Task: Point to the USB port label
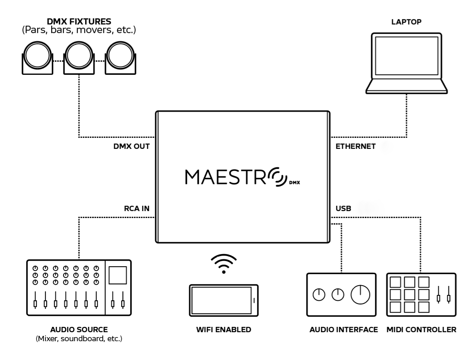(x=343, y=208)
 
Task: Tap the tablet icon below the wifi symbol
(x=223, y=300)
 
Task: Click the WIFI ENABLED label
(x=223, y=329)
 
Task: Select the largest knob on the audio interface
(x=360, y=294)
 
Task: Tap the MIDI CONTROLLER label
(x=421, y=329)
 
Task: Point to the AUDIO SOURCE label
(x=79, y=329)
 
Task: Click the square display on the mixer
(x=118, y=275)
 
